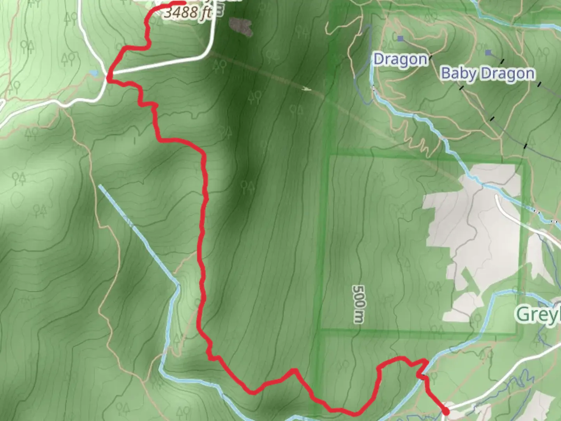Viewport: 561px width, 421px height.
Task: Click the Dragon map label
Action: coord(400,60)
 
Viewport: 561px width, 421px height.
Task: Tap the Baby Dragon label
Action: coord(487,74)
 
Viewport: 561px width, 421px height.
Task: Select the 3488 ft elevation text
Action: coord(187,12)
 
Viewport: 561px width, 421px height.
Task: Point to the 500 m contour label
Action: coord(358,304)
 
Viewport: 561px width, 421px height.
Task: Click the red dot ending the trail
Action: coord(446,411)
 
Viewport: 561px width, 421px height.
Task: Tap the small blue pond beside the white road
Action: coord(93,73)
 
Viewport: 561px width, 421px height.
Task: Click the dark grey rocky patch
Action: coord(241,26)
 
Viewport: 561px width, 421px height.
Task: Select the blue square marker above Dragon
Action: coord(400,38)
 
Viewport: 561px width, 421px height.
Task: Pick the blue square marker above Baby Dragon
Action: coord(488,52)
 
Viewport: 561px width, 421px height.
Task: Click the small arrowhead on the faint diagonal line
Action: coord(307,88)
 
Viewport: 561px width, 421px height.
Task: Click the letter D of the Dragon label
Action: coord(378,60)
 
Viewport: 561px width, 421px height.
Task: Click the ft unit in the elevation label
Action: coord(205,13)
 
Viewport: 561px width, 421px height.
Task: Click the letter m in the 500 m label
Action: coord(358,317)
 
